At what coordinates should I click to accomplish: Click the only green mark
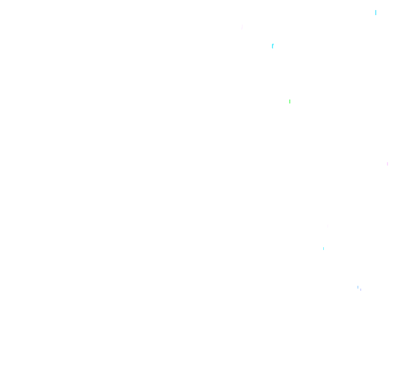pos(290,101)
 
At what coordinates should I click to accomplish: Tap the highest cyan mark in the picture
pos(376,12)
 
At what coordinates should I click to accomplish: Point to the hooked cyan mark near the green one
pos(272,46)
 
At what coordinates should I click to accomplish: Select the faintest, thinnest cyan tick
pos(323,248)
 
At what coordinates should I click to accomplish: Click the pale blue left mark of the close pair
pos(358,287)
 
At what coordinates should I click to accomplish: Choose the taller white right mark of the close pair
pos(361,288)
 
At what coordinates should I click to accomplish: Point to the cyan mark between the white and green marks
pos(272,46)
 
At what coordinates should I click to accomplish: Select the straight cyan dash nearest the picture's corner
pos(376,12)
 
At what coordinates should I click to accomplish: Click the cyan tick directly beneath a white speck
pos(323,248)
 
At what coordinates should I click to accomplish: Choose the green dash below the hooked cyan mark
pos(290,101)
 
